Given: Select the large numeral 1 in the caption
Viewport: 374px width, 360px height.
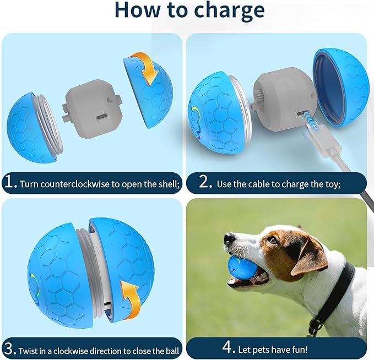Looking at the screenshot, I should coord(11,183).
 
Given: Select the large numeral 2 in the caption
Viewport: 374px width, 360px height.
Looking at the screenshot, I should coord(205,183).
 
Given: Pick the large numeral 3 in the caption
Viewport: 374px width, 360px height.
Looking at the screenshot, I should coord(11,348).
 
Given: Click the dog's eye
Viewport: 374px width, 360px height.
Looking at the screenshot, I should coord(272,240).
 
